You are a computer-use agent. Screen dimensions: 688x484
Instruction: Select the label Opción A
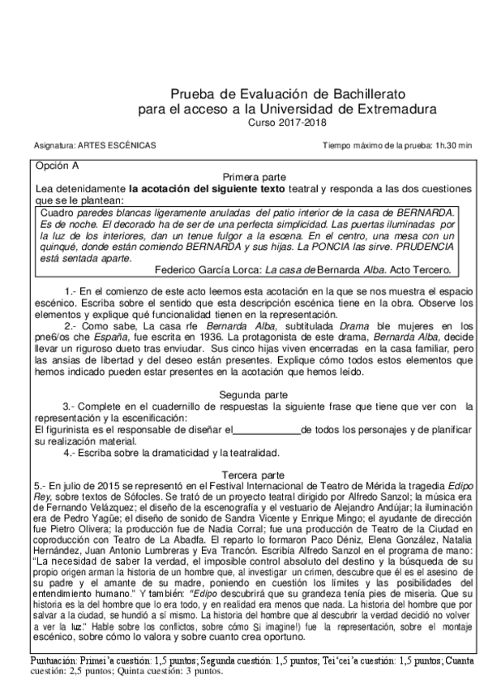55,166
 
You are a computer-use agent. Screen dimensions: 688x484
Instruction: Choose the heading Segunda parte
254,394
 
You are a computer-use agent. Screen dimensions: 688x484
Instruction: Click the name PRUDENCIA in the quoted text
422,246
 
